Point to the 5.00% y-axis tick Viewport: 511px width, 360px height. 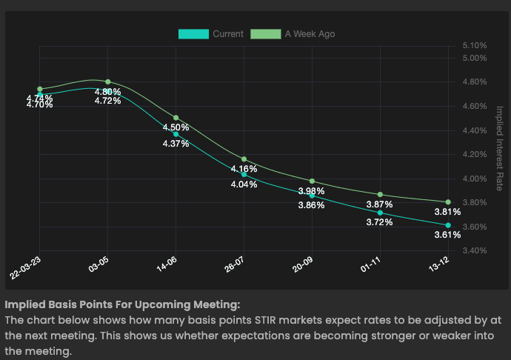475,58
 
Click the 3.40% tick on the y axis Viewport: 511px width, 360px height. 475,250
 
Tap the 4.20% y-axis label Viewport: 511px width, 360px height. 475,155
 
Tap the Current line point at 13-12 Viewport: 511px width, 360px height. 448,224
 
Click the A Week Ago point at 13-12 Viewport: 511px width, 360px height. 448,201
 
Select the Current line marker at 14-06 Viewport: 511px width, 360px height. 176,134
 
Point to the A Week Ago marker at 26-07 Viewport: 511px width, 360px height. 244,159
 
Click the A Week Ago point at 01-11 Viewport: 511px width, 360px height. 380,194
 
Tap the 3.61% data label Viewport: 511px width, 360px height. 447,236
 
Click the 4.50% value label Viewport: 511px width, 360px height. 176,127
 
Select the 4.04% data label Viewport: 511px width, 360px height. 244,184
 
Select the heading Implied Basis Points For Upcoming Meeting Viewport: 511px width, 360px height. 122,304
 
